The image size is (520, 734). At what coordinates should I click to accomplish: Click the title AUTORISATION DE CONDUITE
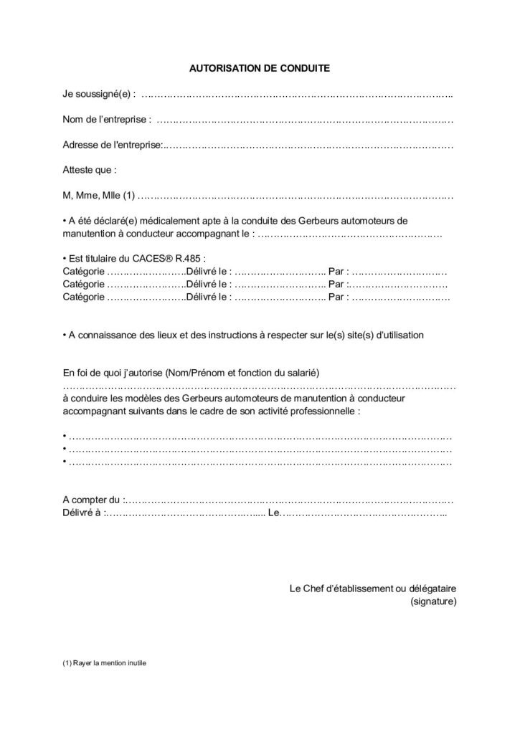tap(259, 70)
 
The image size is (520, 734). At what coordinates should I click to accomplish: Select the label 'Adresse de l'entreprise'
tap(112, 146)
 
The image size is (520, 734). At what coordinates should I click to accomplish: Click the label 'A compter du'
tap(92, 499)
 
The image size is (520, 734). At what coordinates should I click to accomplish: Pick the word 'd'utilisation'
tap(399, 335)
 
